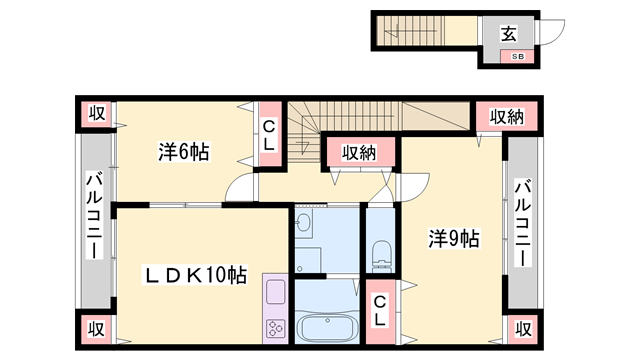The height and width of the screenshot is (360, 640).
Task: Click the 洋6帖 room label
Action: click(184, 152)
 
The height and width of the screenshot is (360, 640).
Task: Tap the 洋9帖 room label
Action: click(453, 239)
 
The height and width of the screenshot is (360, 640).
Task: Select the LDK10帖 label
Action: click(195, 276)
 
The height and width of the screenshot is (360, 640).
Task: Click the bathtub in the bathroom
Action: click(327, 327)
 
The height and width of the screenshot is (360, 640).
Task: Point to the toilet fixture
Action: click(382, 256)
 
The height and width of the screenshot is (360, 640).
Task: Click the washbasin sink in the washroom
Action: click(303, 223)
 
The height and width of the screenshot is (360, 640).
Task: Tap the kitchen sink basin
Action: click(276, 291)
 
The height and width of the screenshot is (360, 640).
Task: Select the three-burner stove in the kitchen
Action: click(275, 328)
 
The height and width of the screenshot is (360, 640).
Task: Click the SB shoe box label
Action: click(518, 57)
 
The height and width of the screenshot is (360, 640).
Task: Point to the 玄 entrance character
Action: click(509, 34)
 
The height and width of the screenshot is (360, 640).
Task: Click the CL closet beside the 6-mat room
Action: click(269, 135)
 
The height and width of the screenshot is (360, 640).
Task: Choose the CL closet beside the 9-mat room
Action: click(380, 311)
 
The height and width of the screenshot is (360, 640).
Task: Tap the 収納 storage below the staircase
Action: click(359, 153)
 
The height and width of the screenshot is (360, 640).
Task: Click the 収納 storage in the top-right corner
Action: click(507, 117)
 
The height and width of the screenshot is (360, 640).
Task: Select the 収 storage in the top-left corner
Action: click(97, 113)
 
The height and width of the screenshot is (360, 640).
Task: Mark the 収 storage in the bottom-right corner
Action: click(523, 329)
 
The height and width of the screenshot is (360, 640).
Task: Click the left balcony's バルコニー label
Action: click(94, 215)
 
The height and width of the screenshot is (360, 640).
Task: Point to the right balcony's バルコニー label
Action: click(522, 223)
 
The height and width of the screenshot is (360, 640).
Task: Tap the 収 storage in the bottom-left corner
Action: click(96, 329)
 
